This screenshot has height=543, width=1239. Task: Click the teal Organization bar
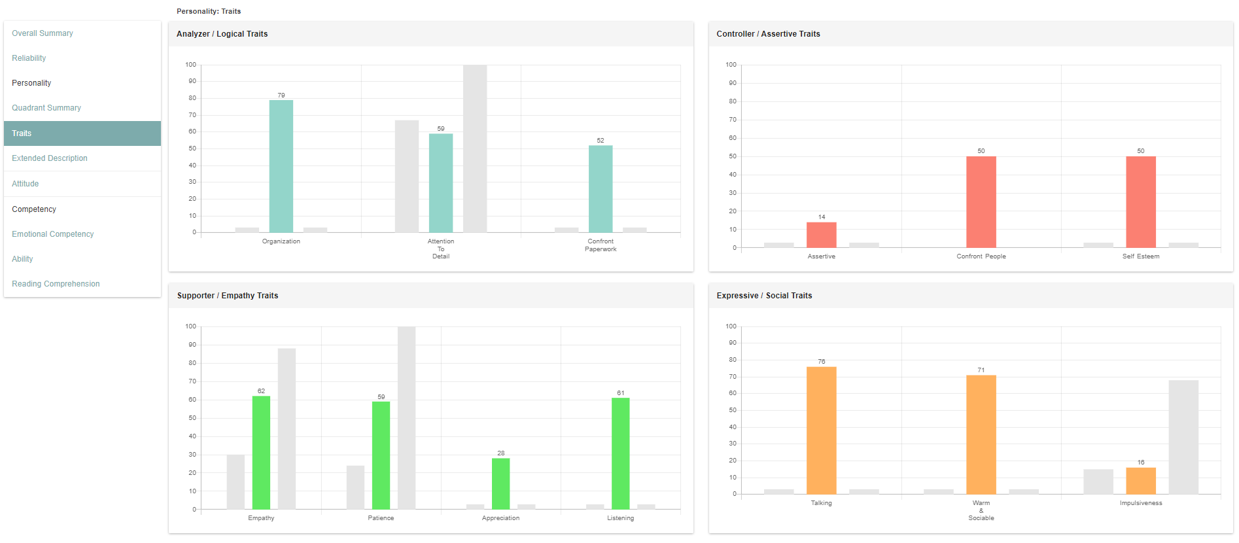pos(281,166)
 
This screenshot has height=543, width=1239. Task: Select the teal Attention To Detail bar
pos(441,183)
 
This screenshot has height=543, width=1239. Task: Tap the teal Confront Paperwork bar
pos(601,189)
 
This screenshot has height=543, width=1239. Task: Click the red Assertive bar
pos(822,235)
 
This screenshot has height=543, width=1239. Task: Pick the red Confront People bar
pos(981,202)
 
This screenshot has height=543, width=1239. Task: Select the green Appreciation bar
pos(501,483)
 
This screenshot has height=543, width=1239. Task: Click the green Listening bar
pos(621,453)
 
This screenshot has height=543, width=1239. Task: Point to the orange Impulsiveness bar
pos(1141,481)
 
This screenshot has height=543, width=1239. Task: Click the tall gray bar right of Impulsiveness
pos(1183,437)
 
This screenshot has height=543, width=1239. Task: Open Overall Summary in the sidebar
pos(43,33)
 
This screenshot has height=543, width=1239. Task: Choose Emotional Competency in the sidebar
pos(53,234)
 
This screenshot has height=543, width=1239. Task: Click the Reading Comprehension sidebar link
pos(56,284)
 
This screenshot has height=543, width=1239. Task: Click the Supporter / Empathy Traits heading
pos(228,296)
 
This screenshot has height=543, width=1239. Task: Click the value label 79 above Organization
pos(281,96)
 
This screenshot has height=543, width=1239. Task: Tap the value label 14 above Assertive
pos(822,217)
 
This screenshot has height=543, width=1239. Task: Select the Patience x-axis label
pos(381,518)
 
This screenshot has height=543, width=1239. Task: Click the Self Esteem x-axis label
pos(1141,256)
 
